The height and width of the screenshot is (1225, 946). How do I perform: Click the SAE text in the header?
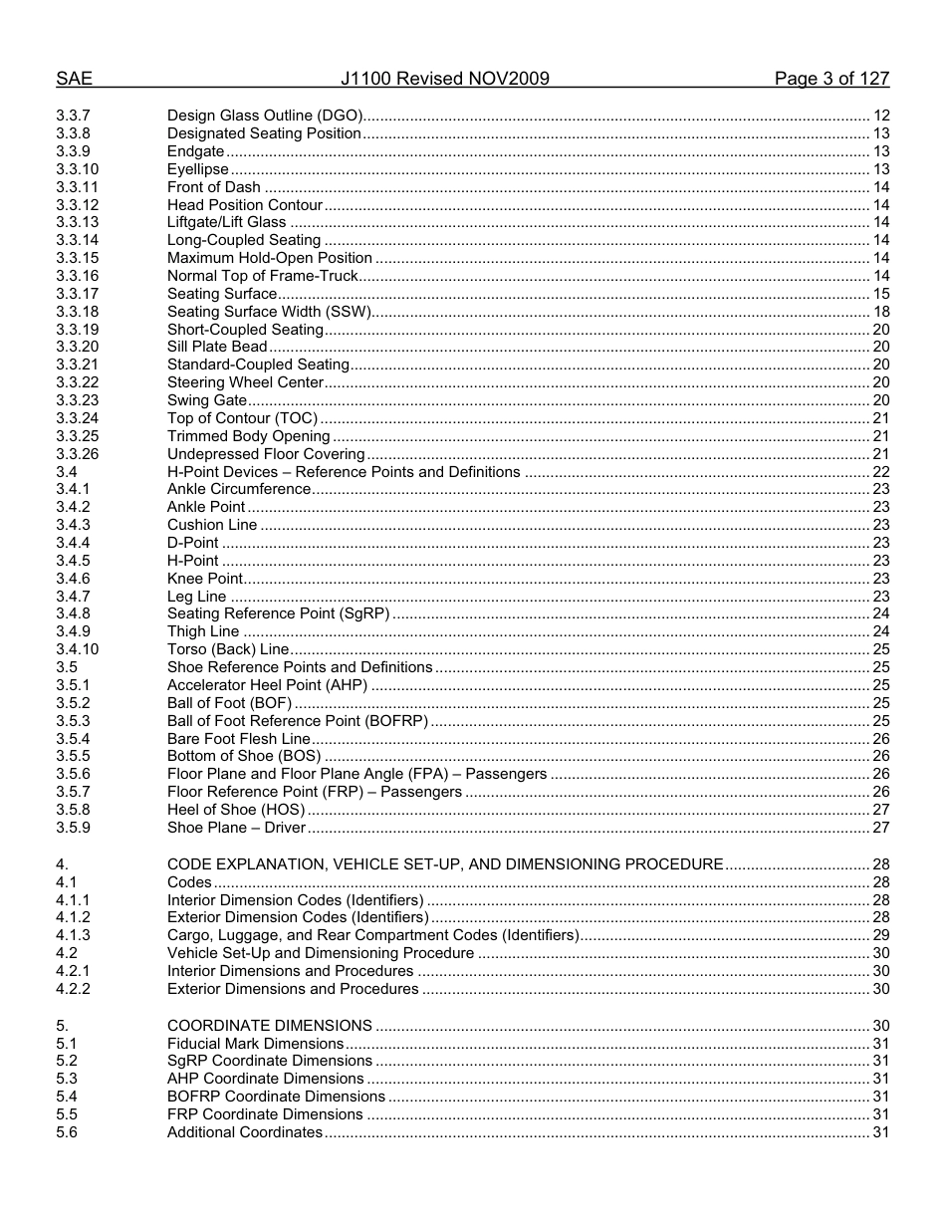click(x=74, y=79)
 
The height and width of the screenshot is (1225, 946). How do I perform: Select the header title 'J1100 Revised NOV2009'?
click(x=444, y=79)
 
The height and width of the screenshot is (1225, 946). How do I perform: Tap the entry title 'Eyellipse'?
click(x=197, y=169)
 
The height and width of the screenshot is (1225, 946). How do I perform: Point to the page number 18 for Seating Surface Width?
click(x=880, y=312)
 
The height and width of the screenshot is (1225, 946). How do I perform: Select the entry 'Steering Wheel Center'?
click(x=245, y=382)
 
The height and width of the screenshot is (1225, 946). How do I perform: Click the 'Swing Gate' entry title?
click(x=206, y=400)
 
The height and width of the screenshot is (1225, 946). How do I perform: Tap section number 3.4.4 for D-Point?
click(x=73, y=543)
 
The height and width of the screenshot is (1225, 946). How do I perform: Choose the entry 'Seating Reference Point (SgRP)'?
click(x=278, y=613)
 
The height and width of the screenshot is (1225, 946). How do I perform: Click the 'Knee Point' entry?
click(x=204, y=579)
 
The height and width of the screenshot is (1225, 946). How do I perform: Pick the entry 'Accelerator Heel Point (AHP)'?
click(x=267, y=685)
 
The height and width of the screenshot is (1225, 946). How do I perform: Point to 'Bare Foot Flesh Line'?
click(x=239, y=739)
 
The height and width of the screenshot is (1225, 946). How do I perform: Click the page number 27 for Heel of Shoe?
click(x=880, y=810)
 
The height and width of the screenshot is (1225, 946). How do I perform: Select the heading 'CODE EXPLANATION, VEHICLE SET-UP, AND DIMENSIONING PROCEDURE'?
click(x=444, y=864)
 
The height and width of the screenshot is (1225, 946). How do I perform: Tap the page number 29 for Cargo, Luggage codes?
click(x=880, y=935)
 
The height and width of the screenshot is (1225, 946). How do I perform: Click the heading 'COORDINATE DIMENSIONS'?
click(x=269, y=1026)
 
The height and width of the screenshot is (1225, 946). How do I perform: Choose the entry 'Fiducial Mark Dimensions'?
click(x=255, y=1044)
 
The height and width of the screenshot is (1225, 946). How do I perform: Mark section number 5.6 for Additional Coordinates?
click(x=66, y=1132)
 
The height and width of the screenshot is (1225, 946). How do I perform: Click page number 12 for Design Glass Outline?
click(x=880, y=116)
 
